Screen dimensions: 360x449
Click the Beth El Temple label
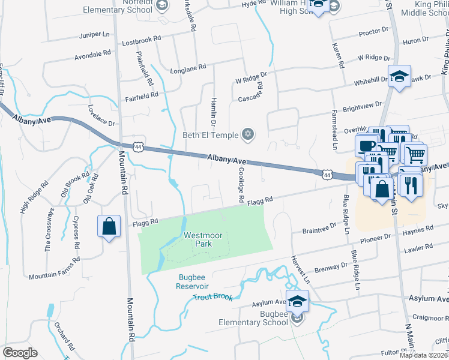[x=209, y=134]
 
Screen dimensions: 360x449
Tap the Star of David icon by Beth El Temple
[x=246, y=134]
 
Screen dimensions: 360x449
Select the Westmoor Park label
[x=199, y=240]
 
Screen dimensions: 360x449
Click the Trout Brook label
[x=212, y=296]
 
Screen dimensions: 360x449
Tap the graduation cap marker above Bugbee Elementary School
[x=297, y=301]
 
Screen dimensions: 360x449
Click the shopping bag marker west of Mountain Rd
[x=109, y=227]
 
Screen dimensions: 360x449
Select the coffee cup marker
[x=366, y=146]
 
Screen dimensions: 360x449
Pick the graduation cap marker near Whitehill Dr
[x=399, y=77]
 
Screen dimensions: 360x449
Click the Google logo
[x=19, y=353]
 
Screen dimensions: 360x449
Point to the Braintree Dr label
[x=319, y=229]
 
